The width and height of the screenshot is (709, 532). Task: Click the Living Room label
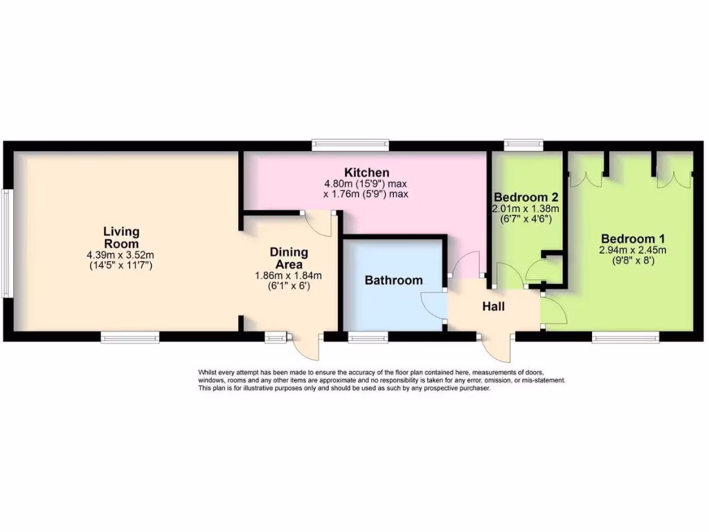[x=121, y=238]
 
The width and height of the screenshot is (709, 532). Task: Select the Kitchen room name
[x=366, y=172]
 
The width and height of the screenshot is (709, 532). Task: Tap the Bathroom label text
[x=393, y=281]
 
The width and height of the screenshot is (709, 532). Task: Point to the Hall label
[x=494, y=306]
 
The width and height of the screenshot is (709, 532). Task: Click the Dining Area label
[x=289, y=258]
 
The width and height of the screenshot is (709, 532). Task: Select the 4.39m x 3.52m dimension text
[x=121, y=255]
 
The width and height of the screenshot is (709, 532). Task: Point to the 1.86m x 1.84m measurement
[x=289, y=275]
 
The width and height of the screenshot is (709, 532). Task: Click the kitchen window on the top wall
[x=350, y=145]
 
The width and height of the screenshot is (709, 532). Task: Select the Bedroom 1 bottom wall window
[x=625, y=337]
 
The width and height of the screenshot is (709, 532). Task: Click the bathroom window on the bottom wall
[x=368, y=337]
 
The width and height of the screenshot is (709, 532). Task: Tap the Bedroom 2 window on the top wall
[x=523, y=145]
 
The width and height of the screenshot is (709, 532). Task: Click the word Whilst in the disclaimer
[x=210, y=373]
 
